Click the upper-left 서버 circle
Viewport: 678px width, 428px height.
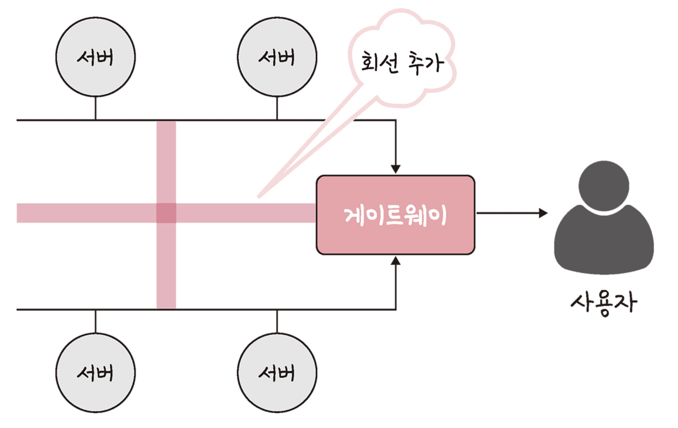pyautogui.click(x=96, y=57)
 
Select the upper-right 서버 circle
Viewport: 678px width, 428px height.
pyautogui.click(x=277, y=57)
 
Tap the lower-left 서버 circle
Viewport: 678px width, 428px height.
pyautogui.click(x=96, y=373)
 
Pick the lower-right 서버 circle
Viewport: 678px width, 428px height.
pyautogui.click(x=277, y=373)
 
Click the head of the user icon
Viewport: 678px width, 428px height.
pyautogui.click(x=604, y=186)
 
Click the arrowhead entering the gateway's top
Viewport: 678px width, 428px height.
pyautogui.click(x=396, y=169)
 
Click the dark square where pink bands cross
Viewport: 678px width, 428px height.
pyautogui.click(x=166, y=213)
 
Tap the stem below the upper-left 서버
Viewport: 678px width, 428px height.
pyautogui.click(x=96, y=108)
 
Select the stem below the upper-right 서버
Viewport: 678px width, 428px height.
pyautogui.click(x=277, y=108)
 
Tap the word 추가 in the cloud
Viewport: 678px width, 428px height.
pyautogui.click(x=426, y=63)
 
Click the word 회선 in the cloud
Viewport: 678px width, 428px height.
pyautogui.click(x=380, y=62)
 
